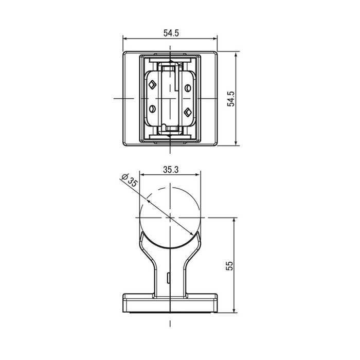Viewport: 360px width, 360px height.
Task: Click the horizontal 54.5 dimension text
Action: click(171, 33)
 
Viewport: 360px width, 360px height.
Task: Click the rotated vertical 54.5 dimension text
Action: click(231, 99)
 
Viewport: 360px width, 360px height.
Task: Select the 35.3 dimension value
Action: click(171, 170)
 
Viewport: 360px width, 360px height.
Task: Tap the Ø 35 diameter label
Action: click(130, 180)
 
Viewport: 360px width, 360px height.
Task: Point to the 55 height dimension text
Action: click(229, 266)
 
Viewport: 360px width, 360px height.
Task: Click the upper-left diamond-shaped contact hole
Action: click(152, 85)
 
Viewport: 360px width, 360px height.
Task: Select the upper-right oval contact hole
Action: click(188, 88)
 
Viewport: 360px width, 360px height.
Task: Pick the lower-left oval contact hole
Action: click(152, 109)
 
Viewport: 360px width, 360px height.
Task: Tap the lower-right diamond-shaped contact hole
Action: click(188, 112)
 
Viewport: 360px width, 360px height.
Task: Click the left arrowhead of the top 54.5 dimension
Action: click(125, 39)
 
